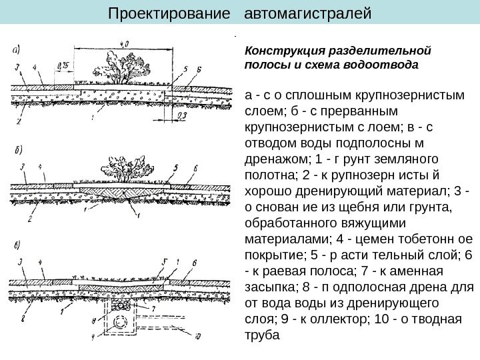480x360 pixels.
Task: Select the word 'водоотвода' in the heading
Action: click(x=382, y=65)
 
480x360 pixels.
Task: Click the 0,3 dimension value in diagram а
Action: click(x=183, y=114)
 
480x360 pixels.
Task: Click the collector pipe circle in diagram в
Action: click(x=120, y=322)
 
